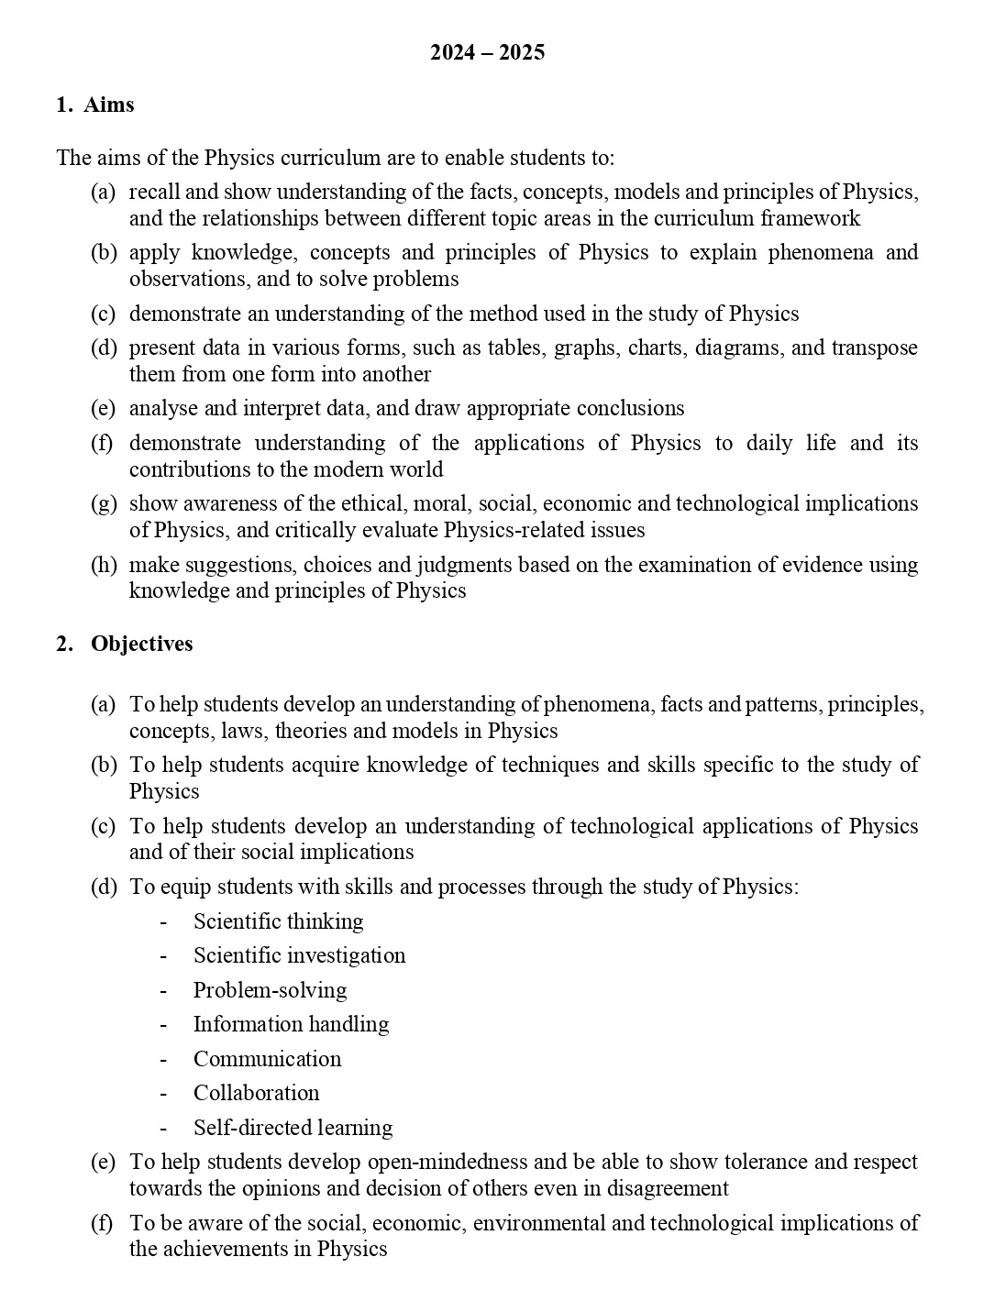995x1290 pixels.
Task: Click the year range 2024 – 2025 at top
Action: pos(487,52)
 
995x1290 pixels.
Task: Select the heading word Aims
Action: pos(109,105)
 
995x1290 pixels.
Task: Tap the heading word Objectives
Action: pos(142,644)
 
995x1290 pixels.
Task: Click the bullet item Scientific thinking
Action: pos(278,921)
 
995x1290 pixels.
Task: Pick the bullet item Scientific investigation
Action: pos(299,955)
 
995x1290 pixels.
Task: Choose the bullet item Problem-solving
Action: pos(270,990)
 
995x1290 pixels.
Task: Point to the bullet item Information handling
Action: pos(291,1024)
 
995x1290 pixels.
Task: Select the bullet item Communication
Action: pos(267,1059)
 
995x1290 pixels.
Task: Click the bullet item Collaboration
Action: pos(256,1093)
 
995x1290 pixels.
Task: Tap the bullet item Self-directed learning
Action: pos(293,1128)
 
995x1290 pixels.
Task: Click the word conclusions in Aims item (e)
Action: pos(627,408)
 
